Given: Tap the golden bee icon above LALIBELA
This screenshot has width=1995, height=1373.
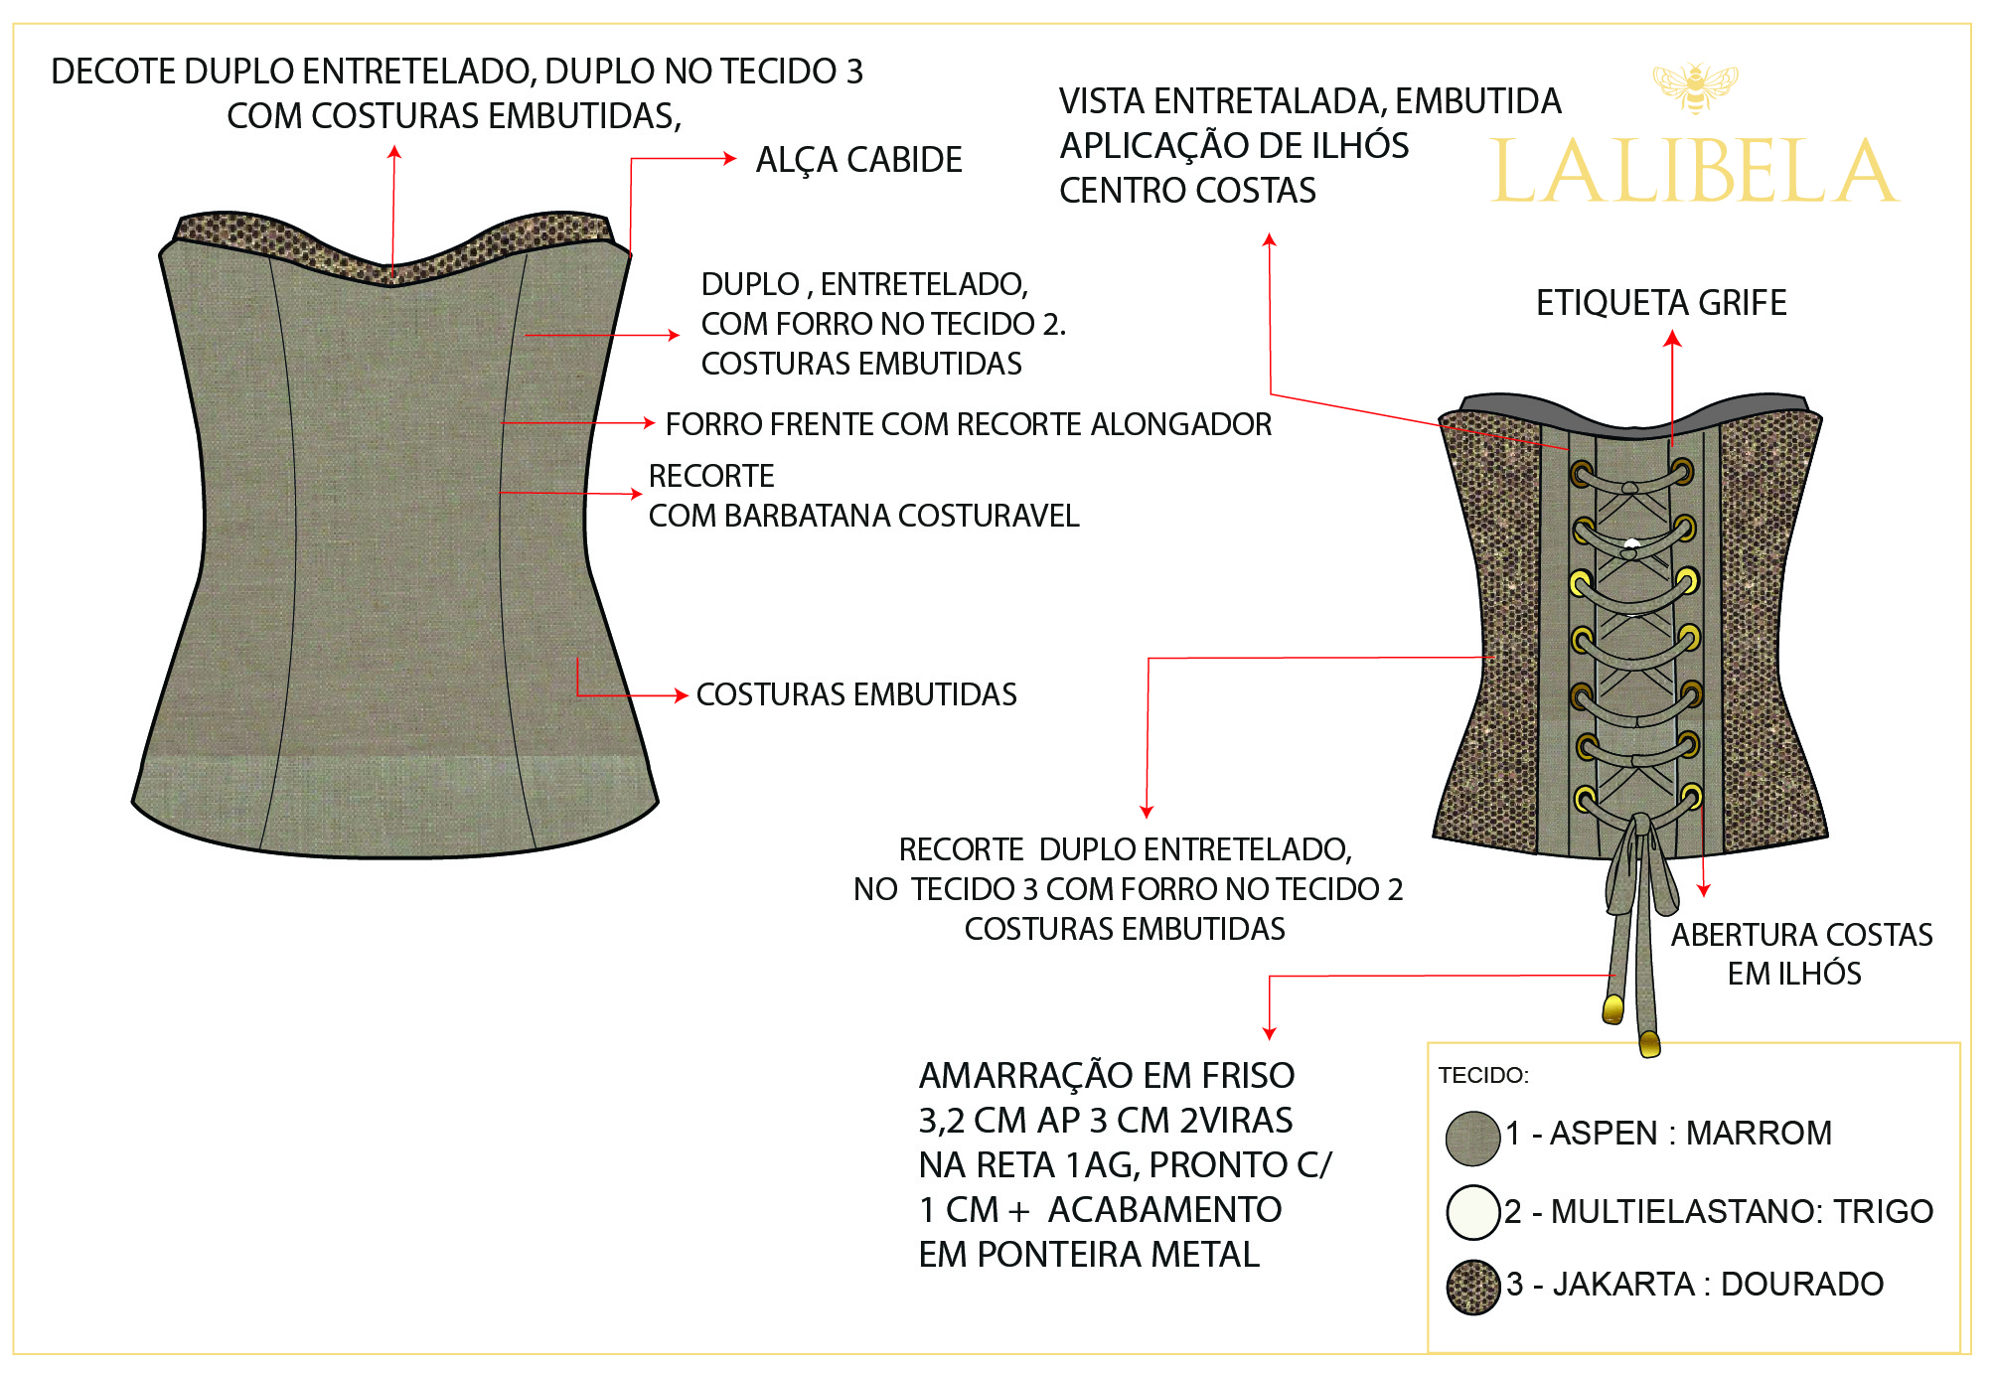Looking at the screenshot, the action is coord(1695,87).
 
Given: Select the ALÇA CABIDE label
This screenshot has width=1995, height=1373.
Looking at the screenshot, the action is coord(858,159).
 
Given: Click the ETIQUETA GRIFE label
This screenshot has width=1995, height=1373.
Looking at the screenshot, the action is coord(1661,302).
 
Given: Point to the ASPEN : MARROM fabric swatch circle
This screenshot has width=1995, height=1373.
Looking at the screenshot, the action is coord(1472,1138).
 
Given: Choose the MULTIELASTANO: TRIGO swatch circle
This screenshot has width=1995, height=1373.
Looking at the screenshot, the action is coord(1472,1212).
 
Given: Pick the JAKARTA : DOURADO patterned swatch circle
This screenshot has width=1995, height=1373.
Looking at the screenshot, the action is coord(1472,1288).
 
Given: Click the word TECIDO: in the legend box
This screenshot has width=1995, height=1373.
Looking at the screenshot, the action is coord(1483,1075).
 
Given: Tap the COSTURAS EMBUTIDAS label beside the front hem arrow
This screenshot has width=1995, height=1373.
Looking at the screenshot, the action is coord(856,694).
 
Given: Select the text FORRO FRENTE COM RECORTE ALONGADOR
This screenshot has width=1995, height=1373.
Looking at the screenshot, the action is coord(969,424).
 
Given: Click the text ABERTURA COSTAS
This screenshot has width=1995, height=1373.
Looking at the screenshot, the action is coord(1801,935).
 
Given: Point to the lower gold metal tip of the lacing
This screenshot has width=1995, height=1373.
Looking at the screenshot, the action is coord(1649,1044).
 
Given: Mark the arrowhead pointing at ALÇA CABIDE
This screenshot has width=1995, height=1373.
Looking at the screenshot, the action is coord(730,158).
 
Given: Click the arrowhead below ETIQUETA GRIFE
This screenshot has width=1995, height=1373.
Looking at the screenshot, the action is coord(1673,339).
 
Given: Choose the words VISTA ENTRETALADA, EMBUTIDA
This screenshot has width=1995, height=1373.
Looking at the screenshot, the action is coord(1310,100).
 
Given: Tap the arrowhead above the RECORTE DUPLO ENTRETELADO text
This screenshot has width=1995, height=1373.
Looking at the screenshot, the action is coord(1147,812).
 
